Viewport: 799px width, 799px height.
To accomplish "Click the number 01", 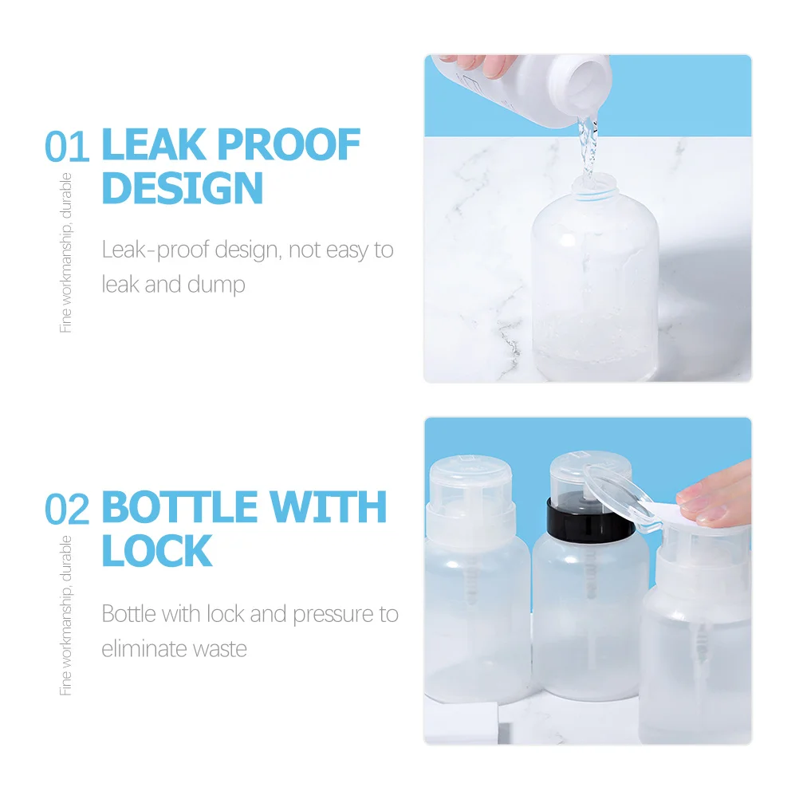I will click(x=68, y=148).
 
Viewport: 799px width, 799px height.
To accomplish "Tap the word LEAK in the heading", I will click(x=152, y=146).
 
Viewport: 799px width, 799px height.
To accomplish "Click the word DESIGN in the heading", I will click(x=183, y=188).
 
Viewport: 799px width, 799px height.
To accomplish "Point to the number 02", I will click(x=68, y=510).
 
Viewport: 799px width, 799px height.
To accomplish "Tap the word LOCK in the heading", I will click(x=157, y=551).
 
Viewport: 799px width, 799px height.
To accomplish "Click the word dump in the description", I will click(x=216, y=285).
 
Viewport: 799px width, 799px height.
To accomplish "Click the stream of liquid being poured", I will click(x=587, y=152).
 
